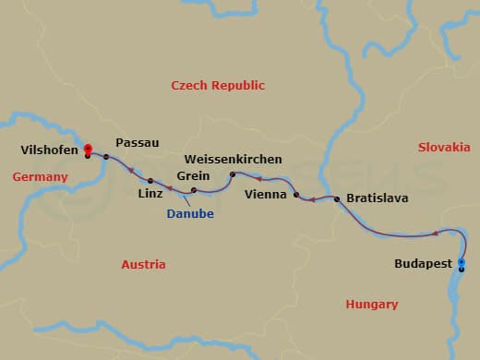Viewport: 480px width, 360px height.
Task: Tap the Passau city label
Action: coord(138,143)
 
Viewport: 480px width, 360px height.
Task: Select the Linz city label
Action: coord(150,194)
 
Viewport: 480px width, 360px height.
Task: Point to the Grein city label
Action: coord(192,175)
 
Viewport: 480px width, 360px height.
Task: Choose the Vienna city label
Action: coord(266,195)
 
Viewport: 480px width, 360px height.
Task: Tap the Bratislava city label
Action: coord(377,198)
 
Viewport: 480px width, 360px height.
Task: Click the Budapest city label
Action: coord(423,263)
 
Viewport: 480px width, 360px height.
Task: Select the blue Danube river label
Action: coord(190,213)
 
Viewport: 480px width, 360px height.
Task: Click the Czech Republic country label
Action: coord(219,85)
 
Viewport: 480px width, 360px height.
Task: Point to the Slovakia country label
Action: coord(444,147)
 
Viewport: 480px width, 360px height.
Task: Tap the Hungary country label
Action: coord(371,304)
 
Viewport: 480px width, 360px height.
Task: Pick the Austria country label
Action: coord(143,264)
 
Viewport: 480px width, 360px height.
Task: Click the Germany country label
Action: coord(40,176)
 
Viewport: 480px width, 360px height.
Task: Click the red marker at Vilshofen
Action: coord(87,149)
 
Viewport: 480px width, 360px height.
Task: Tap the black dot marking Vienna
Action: coord(295,195)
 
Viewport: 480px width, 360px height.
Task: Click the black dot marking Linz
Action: coord(150,180)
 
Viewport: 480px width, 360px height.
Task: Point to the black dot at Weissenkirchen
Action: coord(232,174)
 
